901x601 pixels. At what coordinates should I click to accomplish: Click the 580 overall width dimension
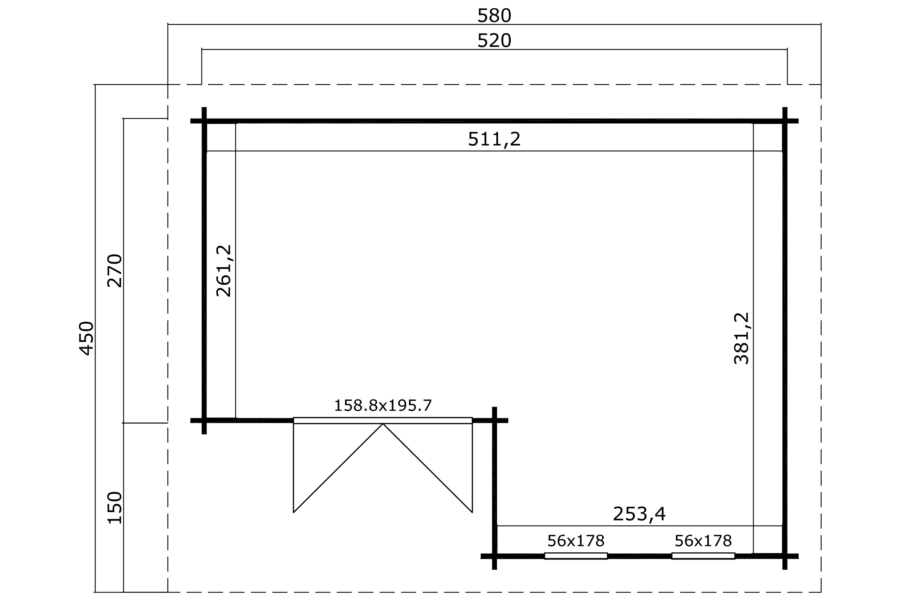494,16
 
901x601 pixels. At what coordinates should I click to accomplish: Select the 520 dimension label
494,41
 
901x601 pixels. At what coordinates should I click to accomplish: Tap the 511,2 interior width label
494,139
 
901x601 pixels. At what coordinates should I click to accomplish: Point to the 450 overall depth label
86,339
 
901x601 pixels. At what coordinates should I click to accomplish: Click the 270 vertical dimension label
115,271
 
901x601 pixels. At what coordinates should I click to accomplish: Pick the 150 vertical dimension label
115,508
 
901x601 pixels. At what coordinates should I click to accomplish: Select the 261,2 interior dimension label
224,271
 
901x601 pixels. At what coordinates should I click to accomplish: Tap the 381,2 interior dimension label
741,339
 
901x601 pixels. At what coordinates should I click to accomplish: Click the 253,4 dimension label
639,514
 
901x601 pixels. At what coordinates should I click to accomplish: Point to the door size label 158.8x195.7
383,406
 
